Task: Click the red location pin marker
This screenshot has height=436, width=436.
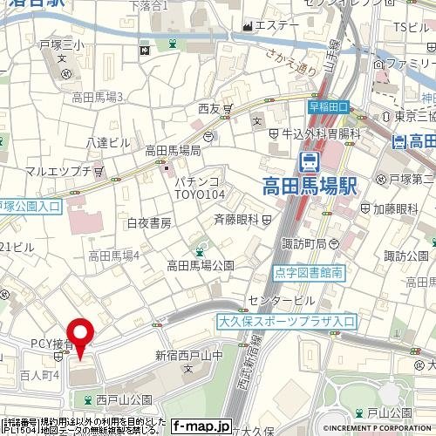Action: click(x=81, y=337)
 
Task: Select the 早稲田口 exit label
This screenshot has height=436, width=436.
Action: click(x=328, y=106)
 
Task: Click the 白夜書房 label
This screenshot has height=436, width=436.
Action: click(x=148, y=223)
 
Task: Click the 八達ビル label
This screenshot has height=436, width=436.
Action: click(x=108, y=142)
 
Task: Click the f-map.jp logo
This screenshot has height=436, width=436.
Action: click(x=201, y=426)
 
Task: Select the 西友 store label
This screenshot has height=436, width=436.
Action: click(x=208, y=109)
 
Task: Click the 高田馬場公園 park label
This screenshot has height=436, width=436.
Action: click(x=201, y=264)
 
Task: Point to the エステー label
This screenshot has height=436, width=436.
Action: click(x=277, y=25)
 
